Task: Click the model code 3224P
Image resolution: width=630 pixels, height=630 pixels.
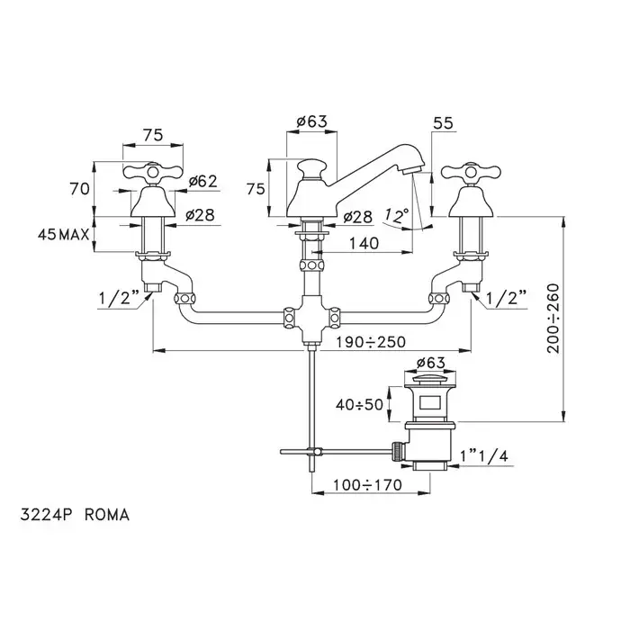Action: click(x=45, y=516)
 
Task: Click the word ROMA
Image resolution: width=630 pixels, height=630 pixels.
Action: click(x=107, y=516)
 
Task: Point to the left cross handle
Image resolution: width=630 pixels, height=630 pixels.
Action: click(x=146, y=174)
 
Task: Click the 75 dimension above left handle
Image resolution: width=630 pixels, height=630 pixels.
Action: click(x=153, y=134)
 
